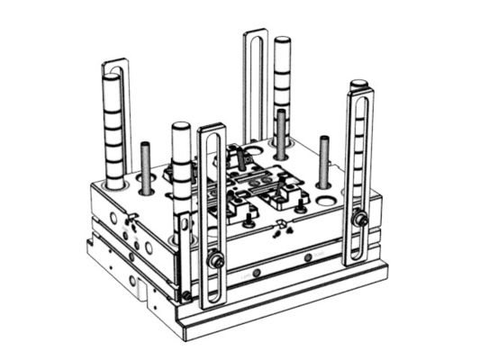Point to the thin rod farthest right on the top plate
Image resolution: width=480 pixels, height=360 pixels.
point(324,160)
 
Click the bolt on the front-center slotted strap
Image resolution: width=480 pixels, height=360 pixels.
point(216,261)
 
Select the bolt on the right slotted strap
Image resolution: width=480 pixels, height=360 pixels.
point(360,219)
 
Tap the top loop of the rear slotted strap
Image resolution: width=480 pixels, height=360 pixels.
point(256,38)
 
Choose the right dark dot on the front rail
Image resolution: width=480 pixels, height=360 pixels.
point(307,256)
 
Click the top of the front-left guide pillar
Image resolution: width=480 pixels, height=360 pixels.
point(179,128)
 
